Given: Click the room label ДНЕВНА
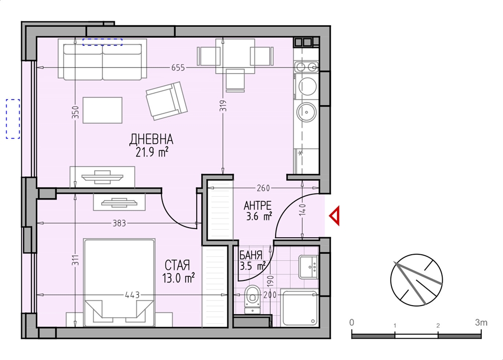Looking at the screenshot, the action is coord(151,139).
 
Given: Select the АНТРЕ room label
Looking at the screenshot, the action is coord(258,205).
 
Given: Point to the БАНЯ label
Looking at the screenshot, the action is coord(251,255).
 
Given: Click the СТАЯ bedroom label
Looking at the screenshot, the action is coord(178,265).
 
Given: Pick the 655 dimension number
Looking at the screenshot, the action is coord(178,68).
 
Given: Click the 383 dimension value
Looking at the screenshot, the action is coord(119,223).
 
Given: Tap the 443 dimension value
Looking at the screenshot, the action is coord(133,295).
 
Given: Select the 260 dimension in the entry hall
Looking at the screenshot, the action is coord(264,188).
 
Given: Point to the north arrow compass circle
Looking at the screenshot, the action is coord(416,280).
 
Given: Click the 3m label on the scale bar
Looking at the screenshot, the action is coord(481,322).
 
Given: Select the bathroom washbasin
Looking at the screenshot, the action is coord(308,266).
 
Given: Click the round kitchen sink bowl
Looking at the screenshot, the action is coord(307,112).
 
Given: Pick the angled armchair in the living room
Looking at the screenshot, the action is coord(166,101).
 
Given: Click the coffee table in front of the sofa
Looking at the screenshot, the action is coord(103,110).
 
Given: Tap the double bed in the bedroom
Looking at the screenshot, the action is coord(119,282).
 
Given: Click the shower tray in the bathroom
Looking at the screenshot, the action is coord(300,308).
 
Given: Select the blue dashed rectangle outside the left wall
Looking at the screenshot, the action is coord(13,119).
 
